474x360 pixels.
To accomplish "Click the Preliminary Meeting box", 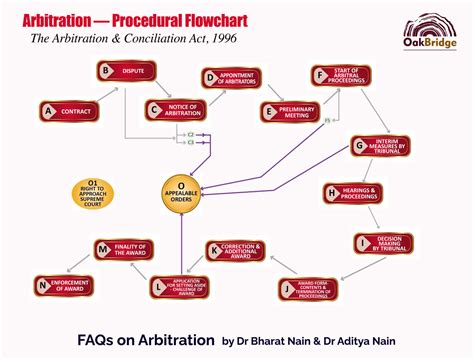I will [291, 112].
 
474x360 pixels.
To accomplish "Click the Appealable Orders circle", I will [182, 191].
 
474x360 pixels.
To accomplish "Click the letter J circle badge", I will [286, 289].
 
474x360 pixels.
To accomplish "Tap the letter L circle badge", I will [159, 288].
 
